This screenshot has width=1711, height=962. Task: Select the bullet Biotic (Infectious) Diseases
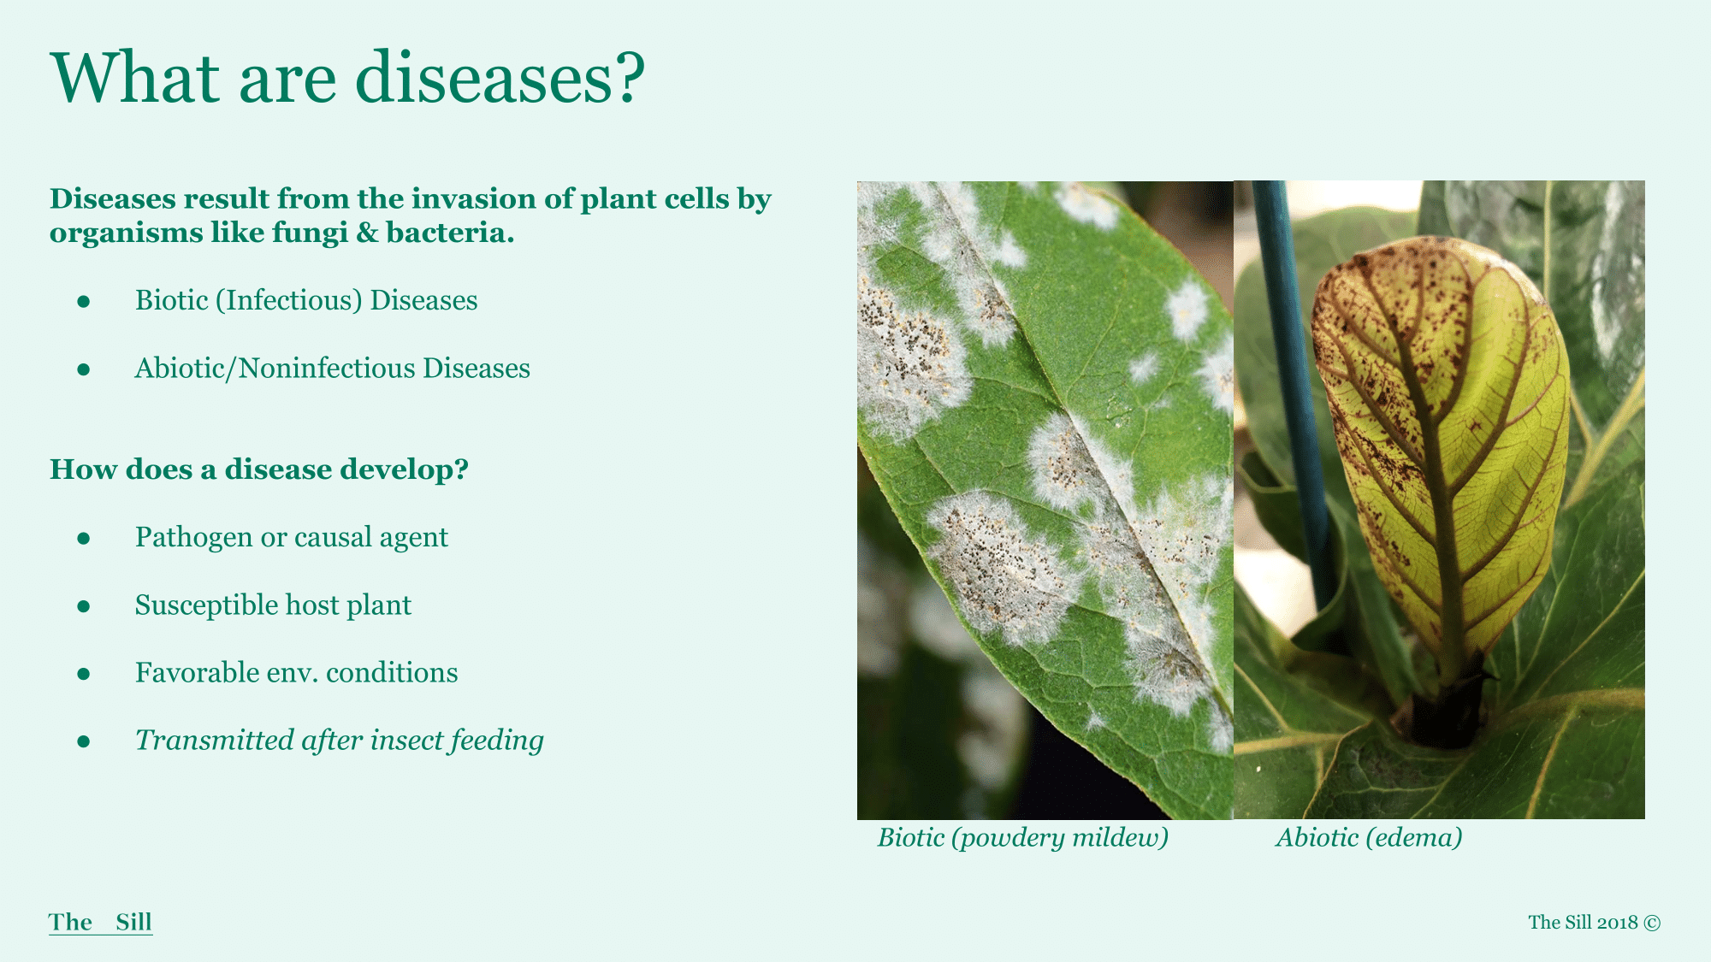pyautogui.click(x=306, y=300)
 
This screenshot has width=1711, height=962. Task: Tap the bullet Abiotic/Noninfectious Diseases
pyautogui.click(x=333, y=368)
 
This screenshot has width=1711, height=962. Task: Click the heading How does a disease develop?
pyautogui.click(x=259, y=469)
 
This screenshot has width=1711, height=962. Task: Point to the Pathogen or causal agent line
pyautogui.click(x=292, y=537)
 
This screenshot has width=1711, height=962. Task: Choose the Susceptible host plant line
pyautogui.click(x=273, y=605)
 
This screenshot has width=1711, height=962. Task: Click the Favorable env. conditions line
pyautogui.click(x=297, y=672)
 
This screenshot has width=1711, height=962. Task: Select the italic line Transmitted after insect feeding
pyautogui.click(x=340, y=740)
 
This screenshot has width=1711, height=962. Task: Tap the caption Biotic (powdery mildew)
pyautogui.click(x=1023, y=837)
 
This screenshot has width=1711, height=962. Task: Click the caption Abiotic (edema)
pyautogui.click(x=1370, y=837)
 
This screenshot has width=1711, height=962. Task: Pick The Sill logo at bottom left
pyautogui.click(x=101, y=922)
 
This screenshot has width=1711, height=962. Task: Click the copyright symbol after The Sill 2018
pyautogui.click(x=1653, y=923)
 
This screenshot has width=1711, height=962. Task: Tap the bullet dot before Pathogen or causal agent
pyautogui.click(x=84, y=538)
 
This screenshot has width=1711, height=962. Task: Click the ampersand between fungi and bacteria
pyautogui.click(x=367, y=233)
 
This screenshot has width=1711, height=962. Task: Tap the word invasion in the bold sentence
pyautogui.click(x=465, y=198)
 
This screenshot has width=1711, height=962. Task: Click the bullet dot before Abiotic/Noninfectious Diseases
pyautogui.click(x=84, y=369)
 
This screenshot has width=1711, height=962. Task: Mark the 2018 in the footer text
pyautogui.click(x=1618, y=923)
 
